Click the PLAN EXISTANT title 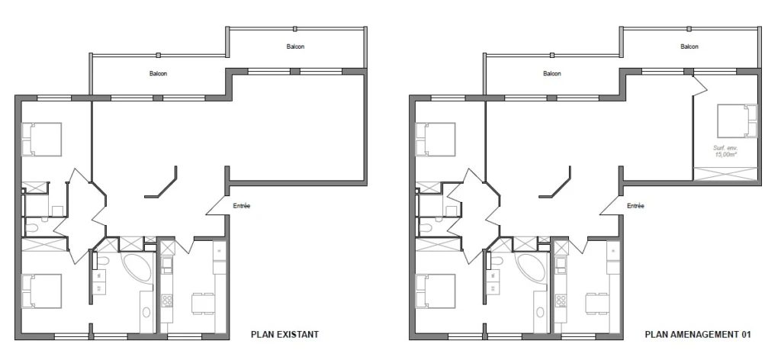[284, 335]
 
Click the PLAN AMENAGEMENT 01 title [697, 335]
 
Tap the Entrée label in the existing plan [242, 206]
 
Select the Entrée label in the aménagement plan [635, 206]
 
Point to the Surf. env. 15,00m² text [726, 151]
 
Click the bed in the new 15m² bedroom [738, 121]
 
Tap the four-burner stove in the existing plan [167, 301]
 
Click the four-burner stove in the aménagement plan [561, 301]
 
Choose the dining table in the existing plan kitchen [203, 304]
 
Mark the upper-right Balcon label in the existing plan [295, 47]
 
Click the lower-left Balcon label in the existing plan [159, 74]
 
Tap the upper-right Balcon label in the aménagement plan [689, 47]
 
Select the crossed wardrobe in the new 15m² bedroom [726, 174]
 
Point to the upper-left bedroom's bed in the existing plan [42, 140]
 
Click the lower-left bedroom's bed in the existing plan [42, 291]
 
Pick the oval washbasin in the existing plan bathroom [146, 312]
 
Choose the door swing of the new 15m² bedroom [700, 85]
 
